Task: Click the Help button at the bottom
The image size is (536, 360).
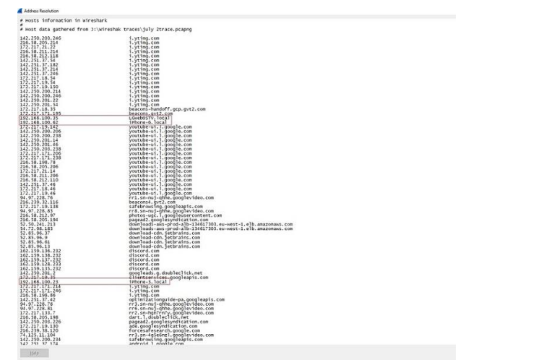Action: tap(34, 352)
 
